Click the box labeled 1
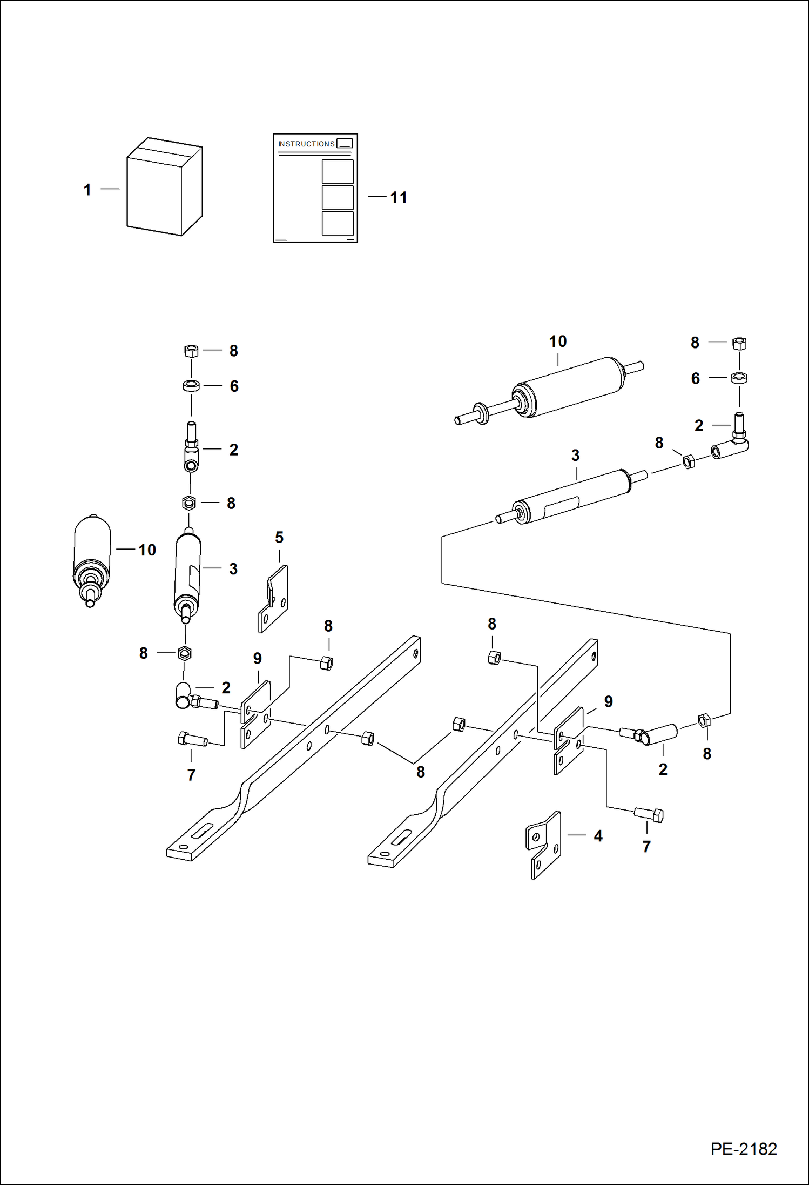(x=164, y=187)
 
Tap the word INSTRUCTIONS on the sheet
(x=306, y=144)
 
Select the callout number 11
(x=399, y=198)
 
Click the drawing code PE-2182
(x=743, y=1149)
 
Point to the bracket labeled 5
(x=274, y=599)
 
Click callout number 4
(x=598, y=836)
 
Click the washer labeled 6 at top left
(x=191, y=386)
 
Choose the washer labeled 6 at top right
(x=739, y=378)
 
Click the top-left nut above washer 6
(x=191, y=351)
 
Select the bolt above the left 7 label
(x=192, y=739)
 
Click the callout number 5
(x=279, y=538)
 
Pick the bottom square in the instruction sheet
(x=338, y=223)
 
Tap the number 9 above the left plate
(x=258, y=659)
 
